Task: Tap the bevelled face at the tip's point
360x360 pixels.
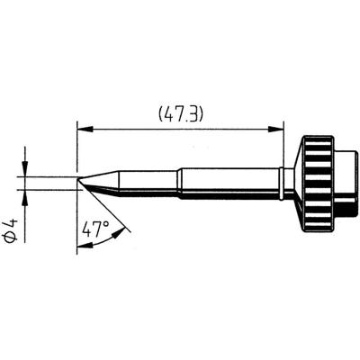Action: click(84, 184)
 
